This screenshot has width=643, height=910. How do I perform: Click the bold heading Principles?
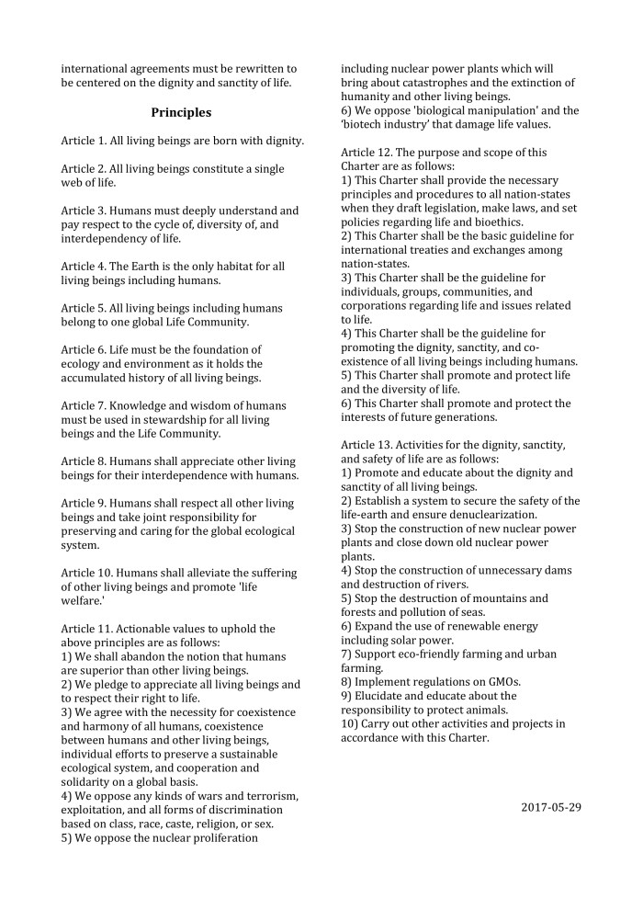click(x=181, y=112)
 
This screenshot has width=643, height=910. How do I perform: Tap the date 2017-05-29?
click(x=551, y=807)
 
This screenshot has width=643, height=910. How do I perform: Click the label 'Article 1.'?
click(x=85, y=142)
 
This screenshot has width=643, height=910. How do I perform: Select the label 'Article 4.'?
click(x=85, y=266)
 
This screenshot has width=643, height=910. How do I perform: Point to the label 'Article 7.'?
click(x=85, y=405)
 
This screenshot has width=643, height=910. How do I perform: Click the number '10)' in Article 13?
click(x=350, y=723)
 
